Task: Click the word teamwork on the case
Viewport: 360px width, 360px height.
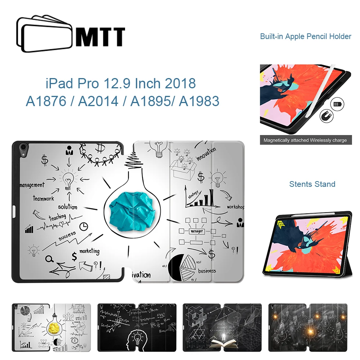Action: point(43,199)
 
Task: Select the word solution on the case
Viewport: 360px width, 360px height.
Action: point(67,207)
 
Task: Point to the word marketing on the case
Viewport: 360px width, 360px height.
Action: point(89,251)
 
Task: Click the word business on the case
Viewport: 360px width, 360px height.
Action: point(207,271)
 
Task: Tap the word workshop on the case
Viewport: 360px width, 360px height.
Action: point(235,207)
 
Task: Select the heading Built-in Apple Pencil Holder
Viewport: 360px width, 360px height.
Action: point(305,37)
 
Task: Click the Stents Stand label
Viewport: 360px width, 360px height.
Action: point(312,184)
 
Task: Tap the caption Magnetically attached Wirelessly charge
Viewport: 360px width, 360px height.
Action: point(305,140)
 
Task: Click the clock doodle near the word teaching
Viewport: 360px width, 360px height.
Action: point(84,226)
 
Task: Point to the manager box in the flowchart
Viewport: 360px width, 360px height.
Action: point(197,231)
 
